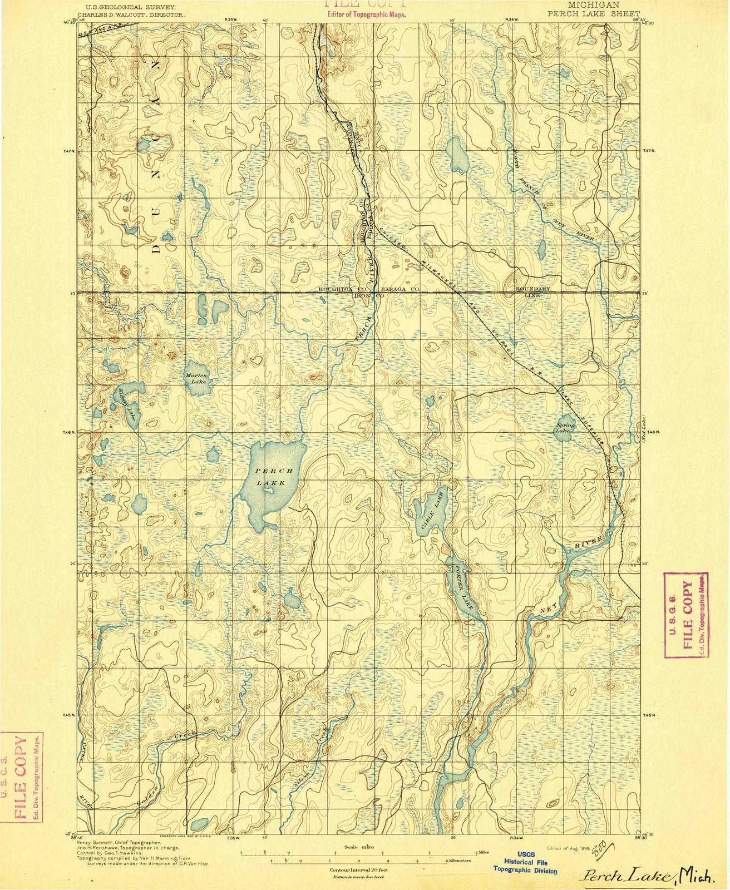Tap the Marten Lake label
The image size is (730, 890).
(196, 379)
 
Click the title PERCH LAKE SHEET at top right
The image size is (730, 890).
(594, 13)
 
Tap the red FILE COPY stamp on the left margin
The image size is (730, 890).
(22, 777)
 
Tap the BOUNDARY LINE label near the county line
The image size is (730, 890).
(532, 293)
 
